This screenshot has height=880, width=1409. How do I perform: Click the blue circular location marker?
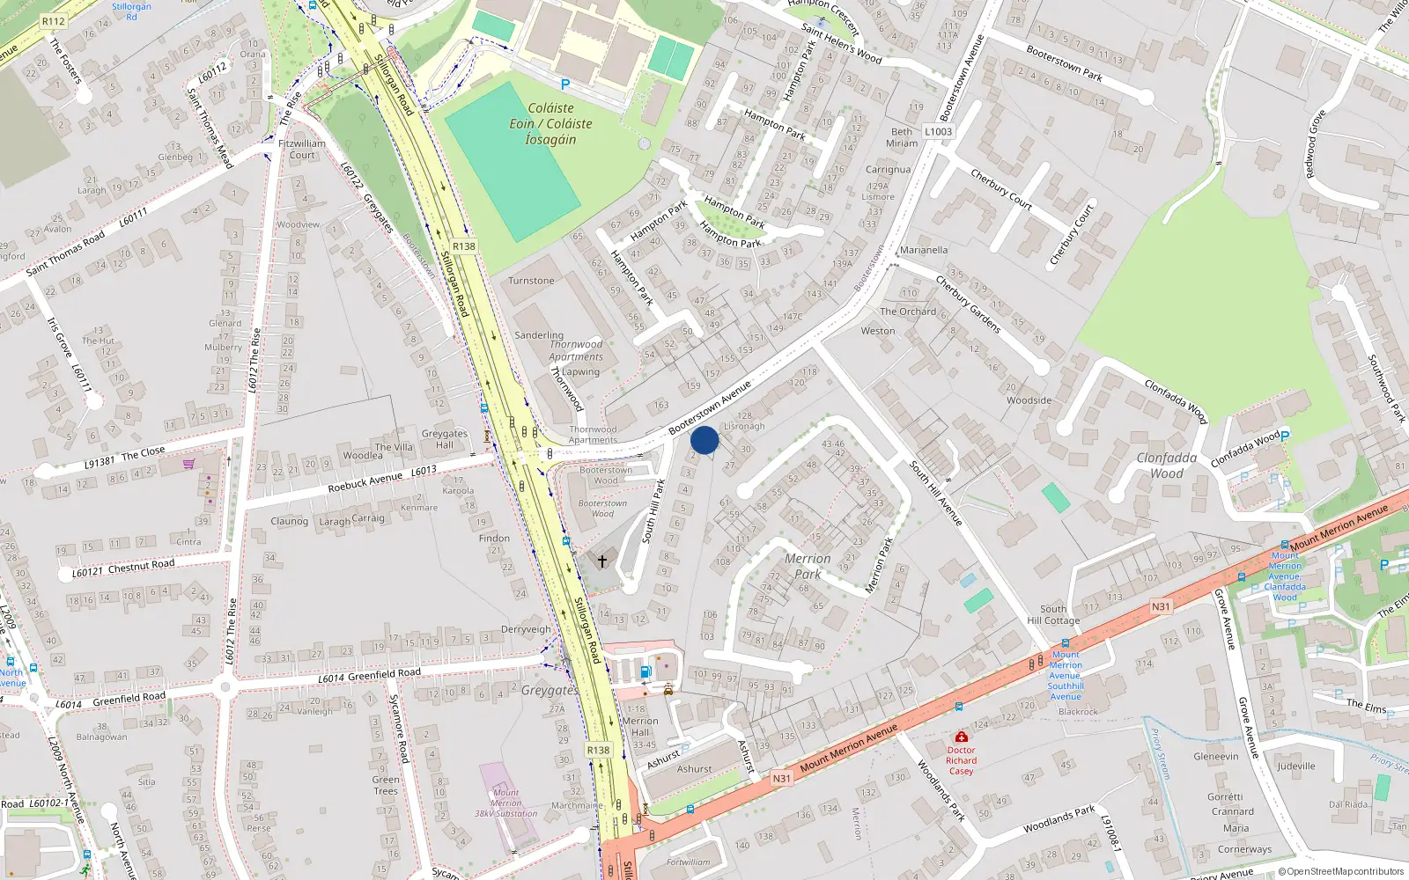coord(704,440)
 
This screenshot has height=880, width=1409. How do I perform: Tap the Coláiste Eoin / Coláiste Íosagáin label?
coord(550,124)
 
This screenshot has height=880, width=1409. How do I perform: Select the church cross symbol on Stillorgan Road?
coord(602,561)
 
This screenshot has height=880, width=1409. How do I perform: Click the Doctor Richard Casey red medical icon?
coord(961,737)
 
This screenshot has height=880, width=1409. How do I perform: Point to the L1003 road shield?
coord(938,132)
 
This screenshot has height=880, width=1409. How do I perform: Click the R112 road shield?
coord(53,21)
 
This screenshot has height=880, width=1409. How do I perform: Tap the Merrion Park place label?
coord(808,566)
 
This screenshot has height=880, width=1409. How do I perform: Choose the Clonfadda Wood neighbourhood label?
coord(1166,466)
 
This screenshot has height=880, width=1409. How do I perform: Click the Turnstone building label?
coord(531,281)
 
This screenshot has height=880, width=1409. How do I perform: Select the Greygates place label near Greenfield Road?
coord(550,690)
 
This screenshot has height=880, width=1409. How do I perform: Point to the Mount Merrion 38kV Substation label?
coord(505,803)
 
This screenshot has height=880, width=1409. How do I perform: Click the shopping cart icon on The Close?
coord(188,464)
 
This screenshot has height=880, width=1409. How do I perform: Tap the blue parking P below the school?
coord(565,84)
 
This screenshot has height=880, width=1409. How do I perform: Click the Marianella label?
coord(924,250)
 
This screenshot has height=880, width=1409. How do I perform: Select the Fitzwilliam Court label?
coord(302,149)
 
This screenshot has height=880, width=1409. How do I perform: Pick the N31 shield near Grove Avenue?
coord(1161,606)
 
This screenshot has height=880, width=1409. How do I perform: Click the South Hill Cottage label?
coord(1053,614)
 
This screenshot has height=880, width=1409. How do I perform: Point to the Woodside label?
coord(1029,400)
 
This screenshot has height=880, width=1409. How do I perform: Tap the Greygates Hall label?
coord(445,439)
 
